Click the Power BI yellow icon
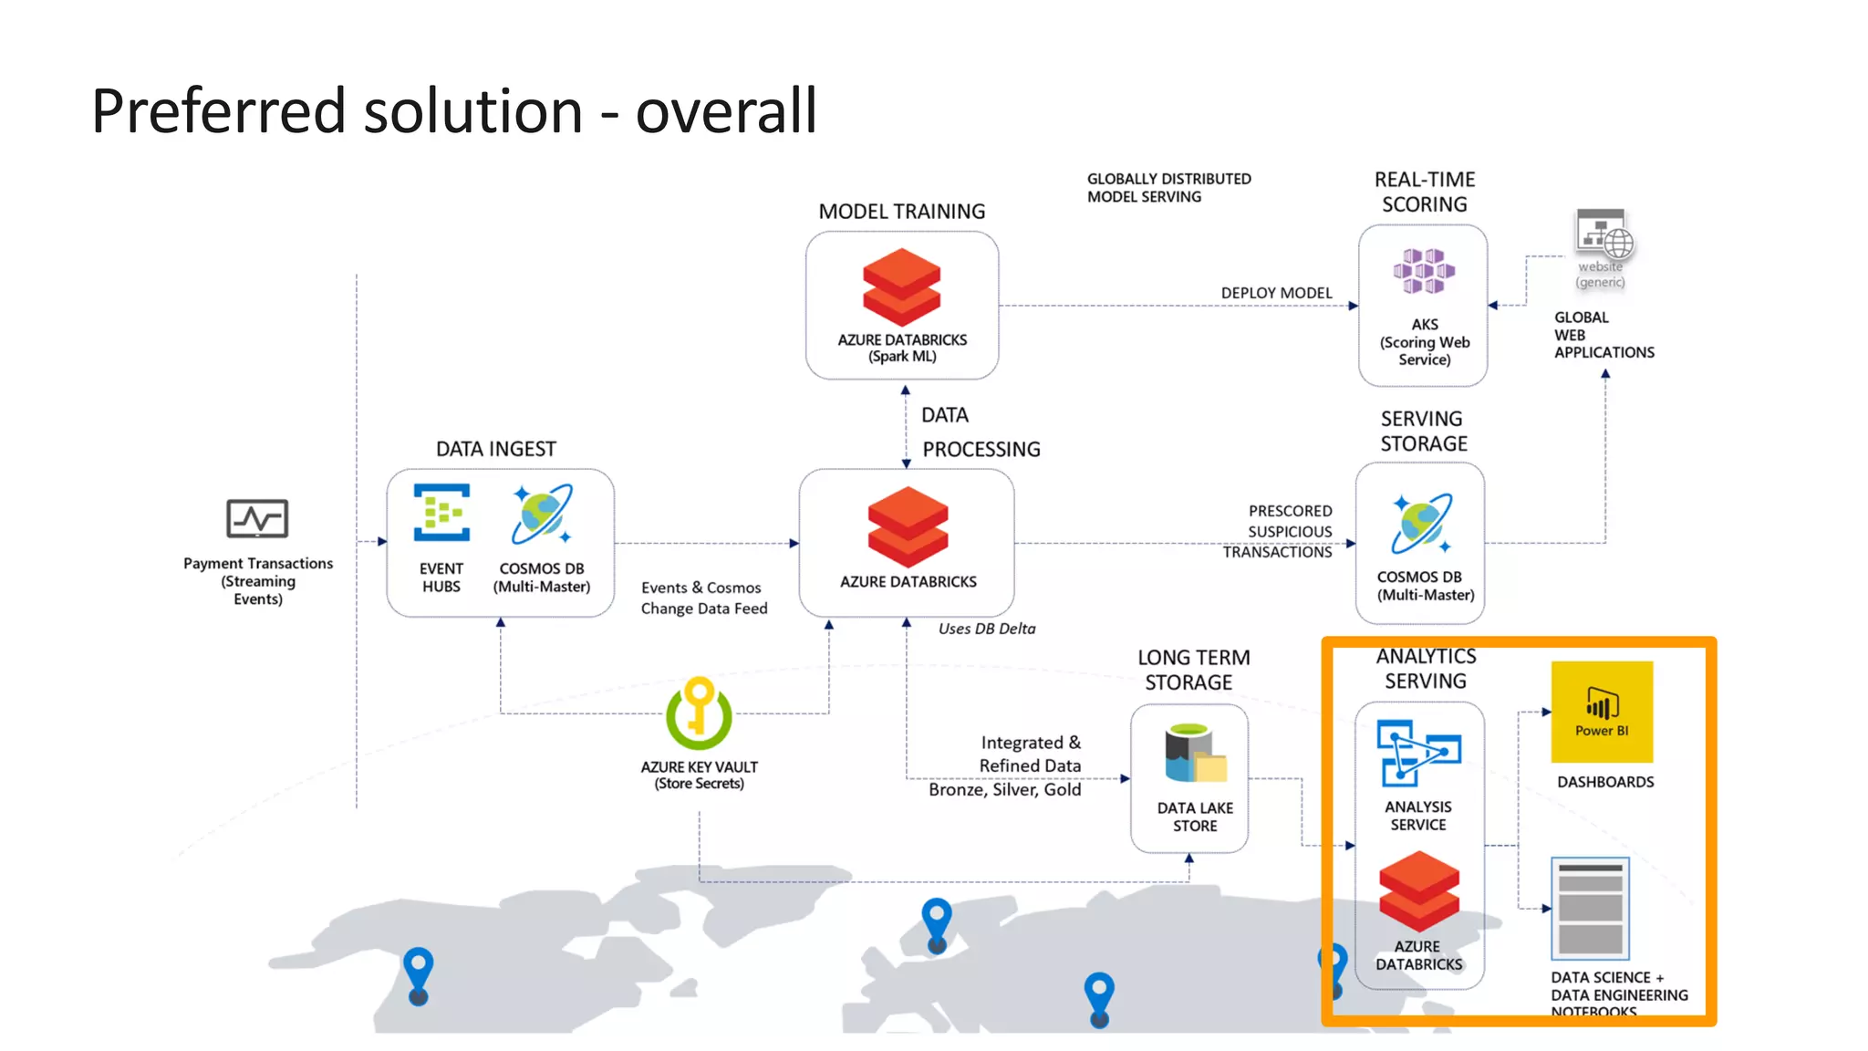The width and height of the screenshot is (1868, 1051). coord(1602,711)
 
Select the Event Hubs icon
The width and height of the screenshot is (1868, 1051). coord(441,513)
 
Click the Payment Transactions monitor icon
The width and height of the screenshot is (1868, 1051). coord(257,518)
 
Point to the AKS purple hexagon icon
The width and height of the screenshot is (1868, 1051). coord(1423,271)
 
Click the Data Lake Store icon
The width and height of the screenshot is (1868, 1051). coord(1194,754)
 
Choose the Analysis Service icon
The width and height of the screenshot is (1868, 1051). coord(1417,753)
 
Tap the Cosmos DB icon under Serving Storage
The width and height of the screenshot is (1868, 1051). coord(1421,524)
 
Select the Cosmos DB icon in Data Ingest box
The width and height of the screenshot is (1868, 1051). coord(542,514)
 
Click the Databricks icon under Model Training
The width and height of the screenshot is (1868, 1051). coord(901,287)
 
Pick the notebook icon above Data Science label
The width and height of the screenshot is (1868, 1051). coord(1590,908)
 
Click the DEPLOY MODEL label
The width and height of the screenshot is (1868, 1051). coord(1276,293)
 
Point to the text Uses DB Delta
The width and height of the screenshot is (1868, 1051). coord(987,629)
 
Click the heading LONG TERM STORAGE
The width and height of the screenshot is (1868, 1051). coord(1192,670)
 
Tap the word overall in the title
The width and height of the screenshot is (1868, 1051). coord(725,111)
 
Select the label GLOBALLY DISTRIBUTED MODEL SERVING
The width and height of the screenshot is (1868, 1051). coord(1168,188)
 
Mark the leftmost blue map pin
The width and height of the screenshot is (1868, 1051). coord(418,974)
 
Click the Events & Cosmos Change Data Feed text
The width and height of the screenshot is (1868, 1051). coord(703,598)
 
